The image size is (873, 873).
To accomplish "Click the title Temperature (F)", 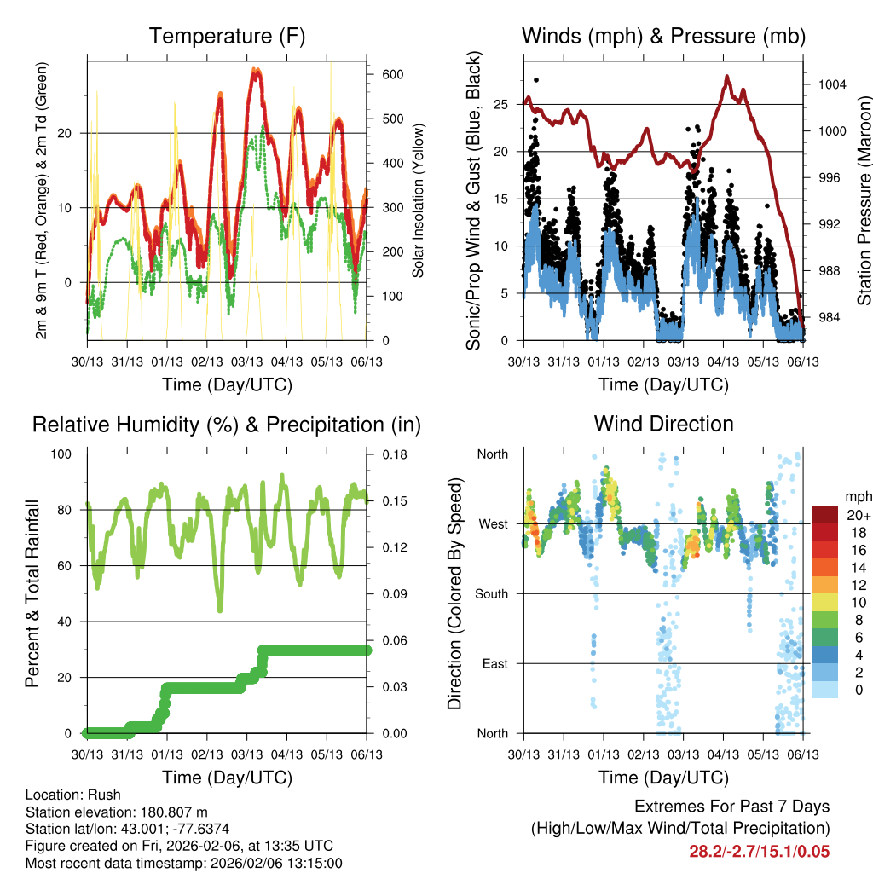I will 227,37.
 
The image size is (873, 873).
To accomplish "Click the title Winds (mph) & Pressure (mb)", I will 663,37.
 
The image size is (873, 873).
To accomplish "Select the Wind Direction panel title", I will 663,423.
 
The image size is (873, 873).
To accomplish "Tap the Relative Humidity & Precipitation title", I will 227,425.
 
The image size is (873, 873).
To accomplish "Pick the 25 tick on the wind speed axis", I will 501,105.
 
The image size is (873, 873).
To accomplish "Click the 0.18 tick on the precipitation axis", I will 394,454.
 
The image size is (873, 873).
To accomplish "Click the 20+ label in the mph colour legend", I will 858,516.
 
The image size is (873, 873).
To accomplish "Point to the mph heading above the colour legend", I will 858,497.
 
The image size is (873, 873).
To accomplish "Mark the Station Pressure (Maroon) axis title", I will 864,200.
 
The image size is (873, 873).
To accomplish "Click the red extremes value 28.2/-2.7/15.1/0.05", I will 759,852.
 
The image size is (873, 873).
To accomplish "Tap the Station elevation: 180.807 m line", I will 117,812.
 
